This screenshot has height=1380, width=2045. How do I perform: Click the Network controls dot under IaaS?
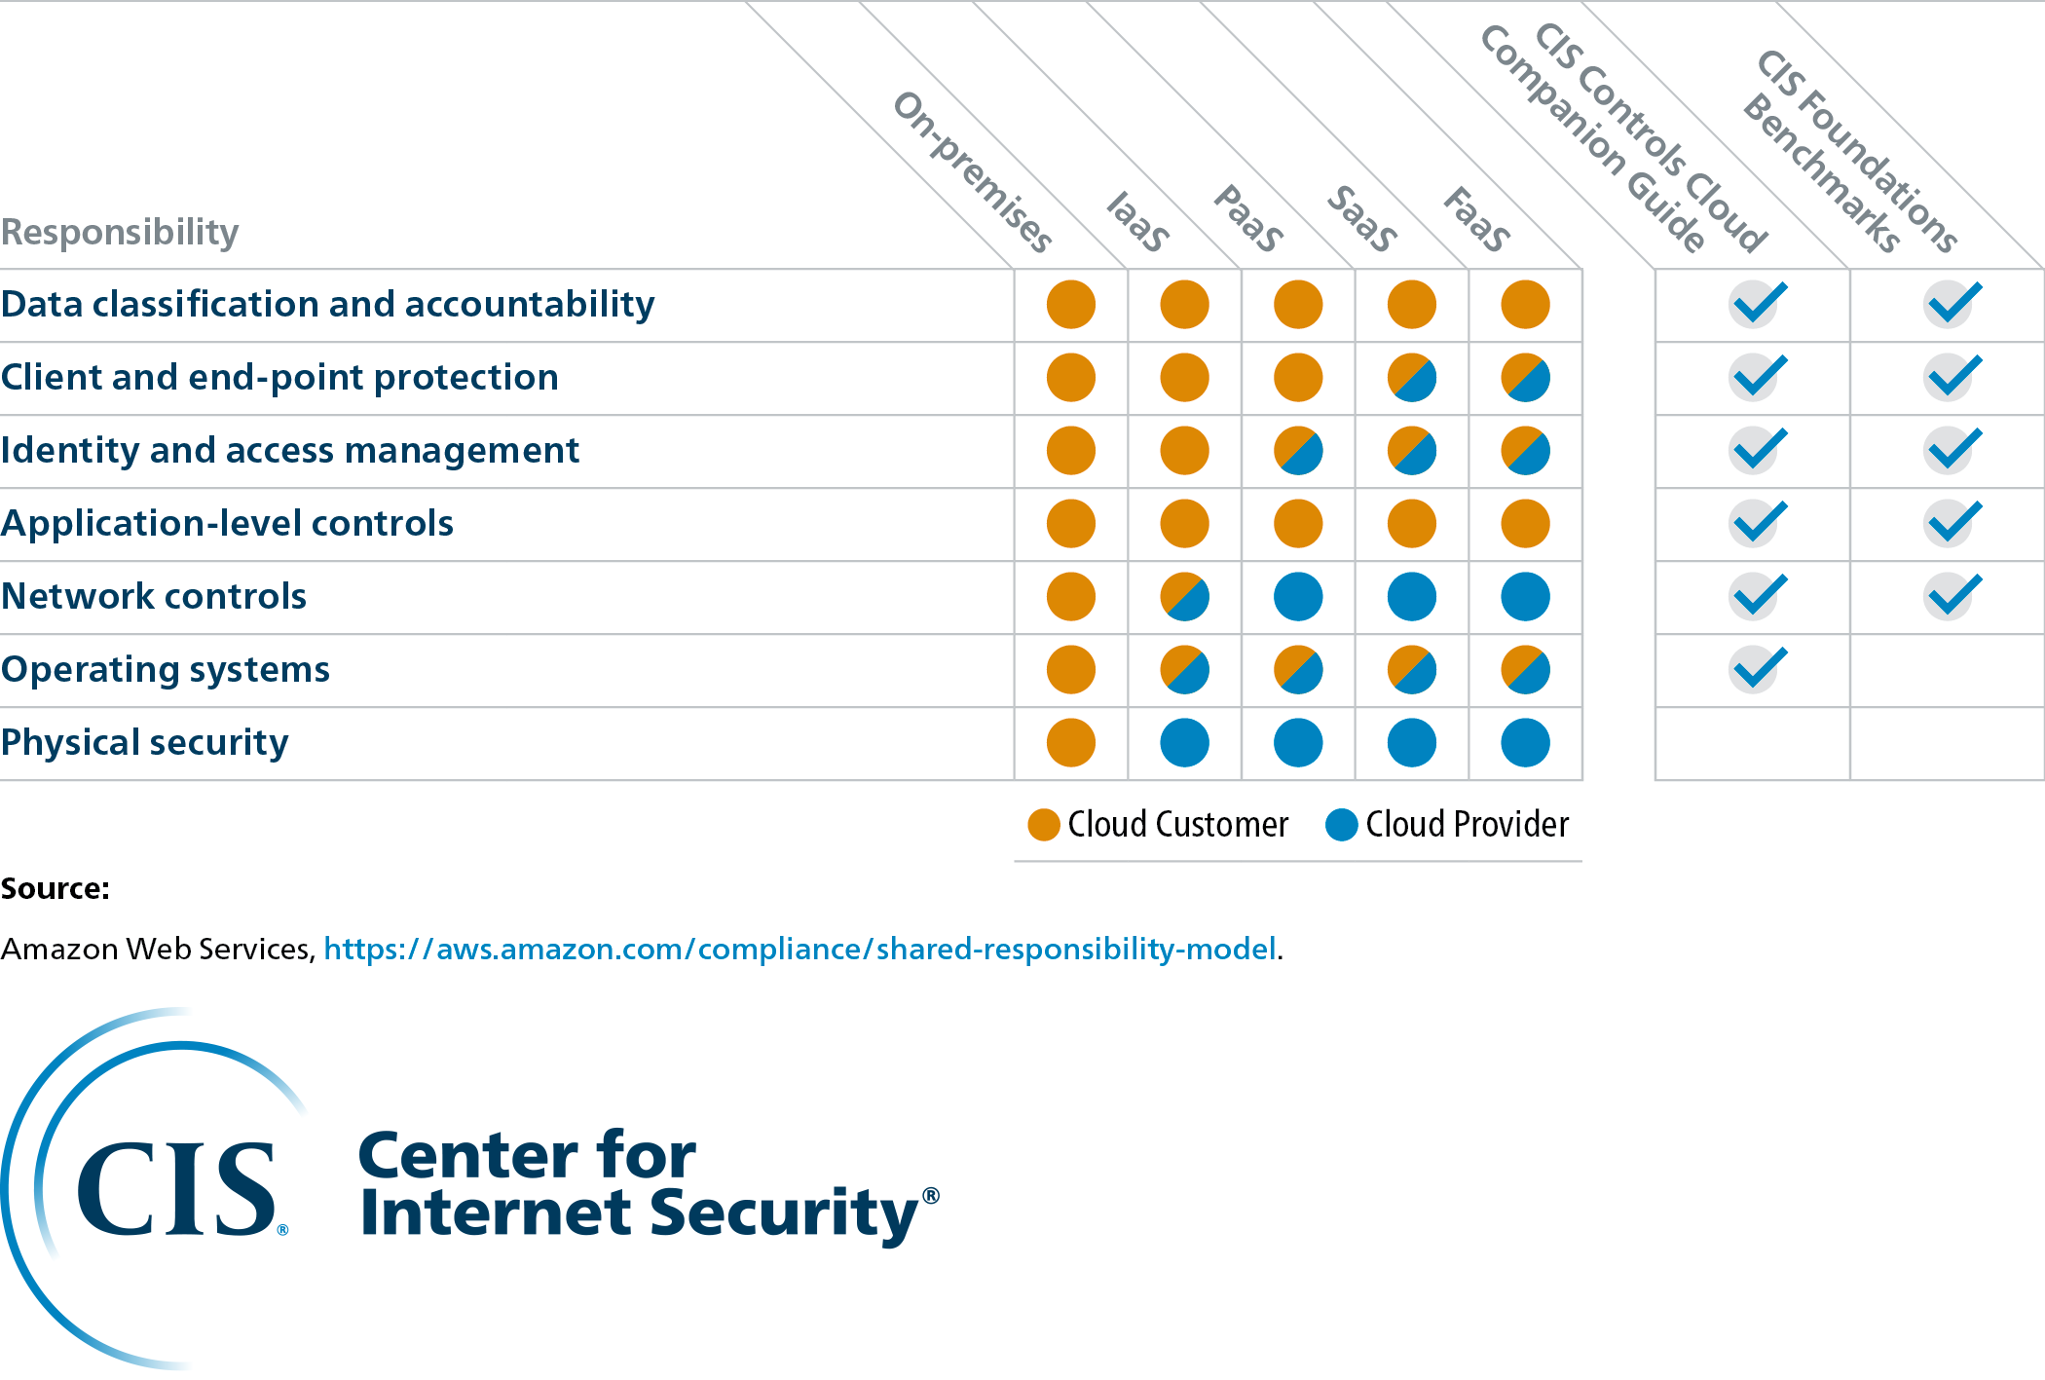click(1184, 597)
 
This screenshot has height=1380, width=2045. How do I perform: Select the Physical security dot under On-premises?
click(1070, 743)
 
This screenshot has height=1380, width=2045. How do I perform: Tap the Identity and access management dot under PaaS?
click(1298, 451)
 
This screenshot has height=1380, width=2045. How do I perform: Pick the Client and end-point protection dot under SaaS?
click(1412, 378)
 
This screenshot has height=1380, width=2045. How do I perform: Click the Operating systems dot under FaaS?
click(1525, 670)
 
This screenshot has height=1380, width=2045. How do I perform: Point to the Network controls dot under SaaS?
click(1412, 597)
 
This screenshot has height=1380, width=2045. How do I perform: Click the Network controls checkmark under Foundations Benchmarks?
click(1951, 596)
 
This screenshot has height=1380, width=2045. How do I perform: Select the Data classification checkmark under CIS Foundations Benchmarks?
click(1951, 304)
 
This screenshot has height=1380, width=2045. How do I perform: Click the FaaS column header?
click(1476, 220)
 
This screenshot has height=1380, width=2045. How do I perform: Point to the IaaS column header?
click(1137, 222)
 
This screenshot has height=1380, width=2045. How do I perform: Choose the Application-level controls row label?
click(227, 524)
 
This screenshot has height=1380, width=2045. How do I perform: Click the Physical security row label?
click(144, 743)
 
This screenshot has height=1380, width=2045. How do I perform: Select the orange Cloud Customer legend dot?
click(1044, 825)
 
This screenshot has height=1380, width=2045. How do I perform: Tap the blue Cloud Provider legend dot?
click(1341, 825)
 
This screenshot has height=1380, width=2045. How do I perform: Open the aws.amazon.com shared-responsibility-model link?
click(799, 949)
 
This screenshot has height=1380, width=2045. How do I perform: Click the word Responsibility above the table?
click(120, 232)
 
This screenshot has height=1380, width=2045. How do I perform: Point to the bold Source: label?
click(56, 888)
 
